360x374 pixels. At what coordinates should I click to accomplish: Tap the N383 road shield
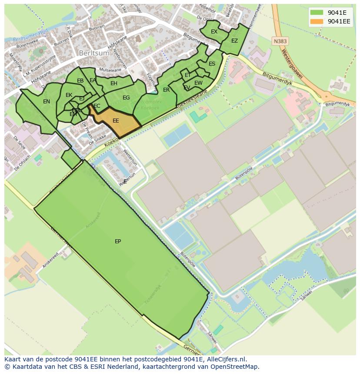280,41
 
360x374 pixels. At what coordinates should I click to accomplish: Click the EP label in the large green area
118,242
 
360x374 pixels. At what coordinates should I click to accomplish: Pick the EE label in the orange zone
116,121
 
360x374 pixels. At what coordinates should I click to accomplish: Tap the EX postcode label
214,32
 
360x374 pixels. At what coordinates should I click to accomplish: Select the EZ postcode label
234,41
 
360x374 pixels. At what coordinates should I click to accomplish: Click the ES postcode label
212,64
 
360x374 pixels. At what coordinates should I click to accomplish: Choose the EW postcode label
198,83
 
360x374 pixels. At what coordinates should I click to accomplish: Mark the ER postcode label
166,90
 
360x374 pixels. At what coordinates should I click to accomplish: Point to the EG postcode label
126,98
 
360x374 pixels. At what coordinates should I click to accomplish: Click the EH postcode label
114,83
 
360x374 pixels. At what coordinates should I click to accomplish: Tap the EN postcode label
47,102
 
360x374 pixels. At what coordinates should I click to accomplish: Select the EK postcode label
69,95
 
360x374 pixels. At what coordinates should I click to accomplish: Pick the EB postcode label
80,81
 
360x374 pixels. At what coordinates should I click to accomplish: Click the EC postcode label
97,106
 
